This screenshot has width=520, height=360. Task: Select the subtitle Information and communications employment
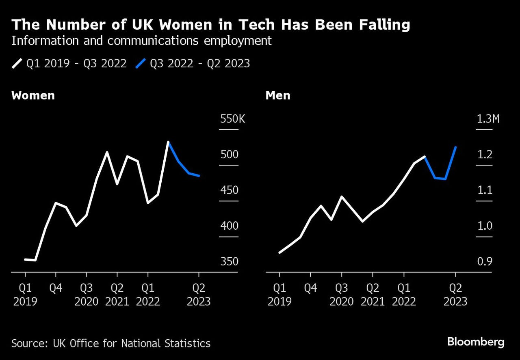coord(141,41)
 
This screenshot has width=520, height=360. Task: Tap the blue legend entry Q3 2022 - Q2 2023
coord(193,64)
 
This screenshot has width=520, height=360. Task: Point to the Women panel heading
coord(33,96)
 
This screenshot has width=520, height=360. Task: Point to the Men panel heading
coord(277,96)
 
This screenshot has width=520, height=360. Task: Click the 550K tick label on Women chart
coord(233,119)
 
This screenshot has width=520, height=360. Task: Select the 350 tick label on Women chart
coord(229,262)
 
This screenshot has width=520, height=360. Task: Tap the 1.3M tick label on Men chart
coord(487,119)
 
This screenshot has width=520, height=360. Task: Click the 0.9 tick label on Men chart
coord(484,262)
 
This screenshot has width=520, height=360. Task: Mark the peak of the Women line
coord(168,142)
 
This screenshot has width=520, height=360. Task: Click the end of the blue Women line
coord(199,176)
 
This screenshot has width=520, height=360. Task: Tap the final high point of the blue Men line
coord(456,147)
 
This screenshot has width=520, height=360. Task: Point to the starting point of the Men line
coord(279,252)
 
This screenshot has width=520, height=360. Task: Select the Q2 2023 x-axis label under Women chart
coord(199,295)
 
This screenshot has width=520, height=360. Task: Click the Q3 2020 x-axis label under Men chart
coord(342,295)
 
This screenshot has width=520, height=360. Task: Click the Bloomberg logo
coord(476,342)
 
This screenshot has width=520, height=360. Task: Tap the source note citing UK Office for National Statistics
coord(111,343)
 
